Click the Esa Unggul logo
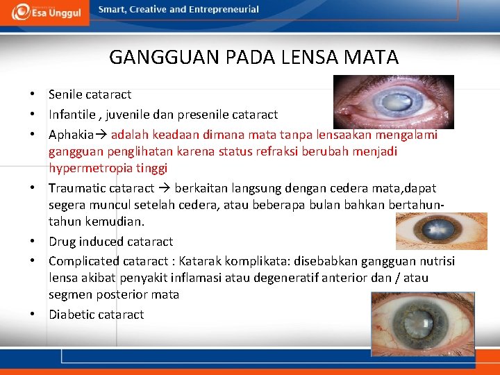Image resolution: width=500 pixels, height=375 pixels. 44,12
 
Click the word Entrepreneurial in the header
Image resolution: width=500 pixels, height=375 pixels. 225,10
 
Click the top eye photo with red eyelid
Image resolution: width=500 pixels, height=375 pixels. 393,102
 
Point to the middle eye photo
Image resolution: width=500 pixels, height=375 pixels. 440,231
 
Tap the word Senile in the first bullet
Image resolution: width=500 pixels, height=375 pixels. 65,94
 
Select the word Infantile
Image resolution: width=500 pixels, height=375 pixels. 72,115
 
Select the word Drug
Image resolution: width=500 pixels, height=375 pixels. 62,242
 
